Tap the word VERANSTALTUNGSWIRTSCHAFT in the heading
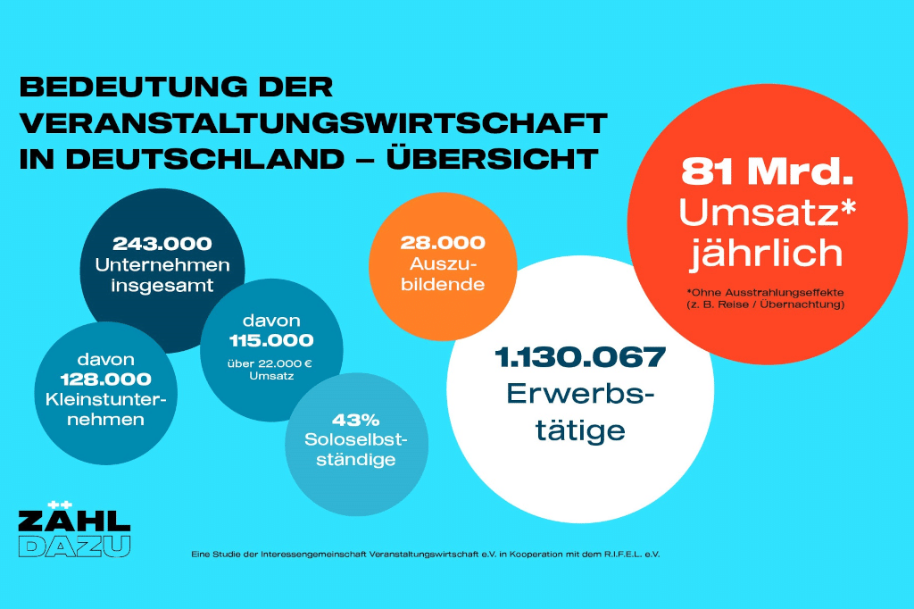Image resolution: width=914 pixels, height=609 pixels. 312,123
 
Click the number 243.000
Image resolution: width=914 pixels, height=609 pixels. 162,243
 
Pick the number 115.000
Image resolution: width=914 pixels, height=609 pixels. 270,340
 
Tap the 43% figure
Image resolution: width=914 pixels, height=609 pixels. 355,419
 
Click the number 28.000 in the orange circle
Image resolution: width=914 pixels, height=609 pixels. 442,243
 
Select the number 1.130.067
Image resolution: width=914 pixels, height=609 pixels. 579,357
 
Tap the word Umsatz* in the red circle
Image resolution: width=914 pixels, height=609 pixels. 767,213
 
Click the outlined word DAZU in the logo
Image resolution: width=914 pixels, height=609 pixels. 73,546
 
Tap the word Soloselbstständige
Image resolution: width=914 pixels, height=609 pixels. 355,449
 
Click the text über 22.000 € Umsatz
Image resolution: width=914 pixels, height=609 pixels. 270,370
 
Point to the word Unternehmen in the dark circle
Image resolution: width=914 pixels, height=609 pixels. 162,264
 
